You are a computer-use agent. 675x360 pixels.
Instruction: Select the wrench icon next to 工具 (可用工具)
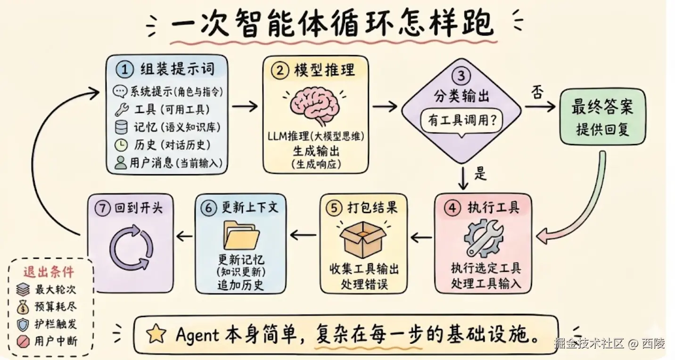point(122,110)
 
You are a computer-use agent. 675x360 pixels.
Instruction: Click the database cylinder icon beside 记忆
point(121,127)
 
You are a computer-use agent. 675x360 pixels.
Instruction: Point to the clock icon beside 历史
point(121,145)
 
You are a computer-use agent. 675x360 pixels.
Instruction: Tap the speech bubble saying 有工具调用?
point(461,121)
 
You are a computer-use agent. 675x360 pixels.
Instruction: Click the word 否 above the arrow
point(537,92)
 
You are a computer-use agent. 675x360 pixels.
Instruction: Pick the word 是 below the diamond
point(480,173)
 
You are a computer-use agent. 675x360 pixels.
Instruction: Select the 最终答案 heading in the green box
point(602,106)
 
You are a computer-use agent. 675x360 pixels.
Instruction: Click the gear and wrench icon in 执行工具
point(483,238)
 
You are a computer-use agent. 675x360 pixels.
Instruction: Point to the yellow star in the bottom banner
point(156,334)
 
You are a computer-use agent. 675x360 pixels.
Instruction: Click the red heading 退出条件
point(49,272)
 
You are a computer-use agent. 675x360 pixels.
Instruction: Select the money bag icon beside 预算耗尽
point(23,307)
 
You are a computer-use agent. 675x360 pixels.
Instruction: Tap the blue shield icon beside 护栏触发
point(23,325)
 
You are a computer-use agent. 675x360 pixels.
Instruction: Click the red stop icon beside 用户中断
point(23,342)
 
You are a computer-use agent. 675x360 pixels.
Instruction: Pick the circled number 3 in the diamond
point(461,75)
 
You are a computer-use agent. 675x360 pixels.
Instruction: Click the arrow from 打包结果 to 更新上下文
point(303,235)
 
